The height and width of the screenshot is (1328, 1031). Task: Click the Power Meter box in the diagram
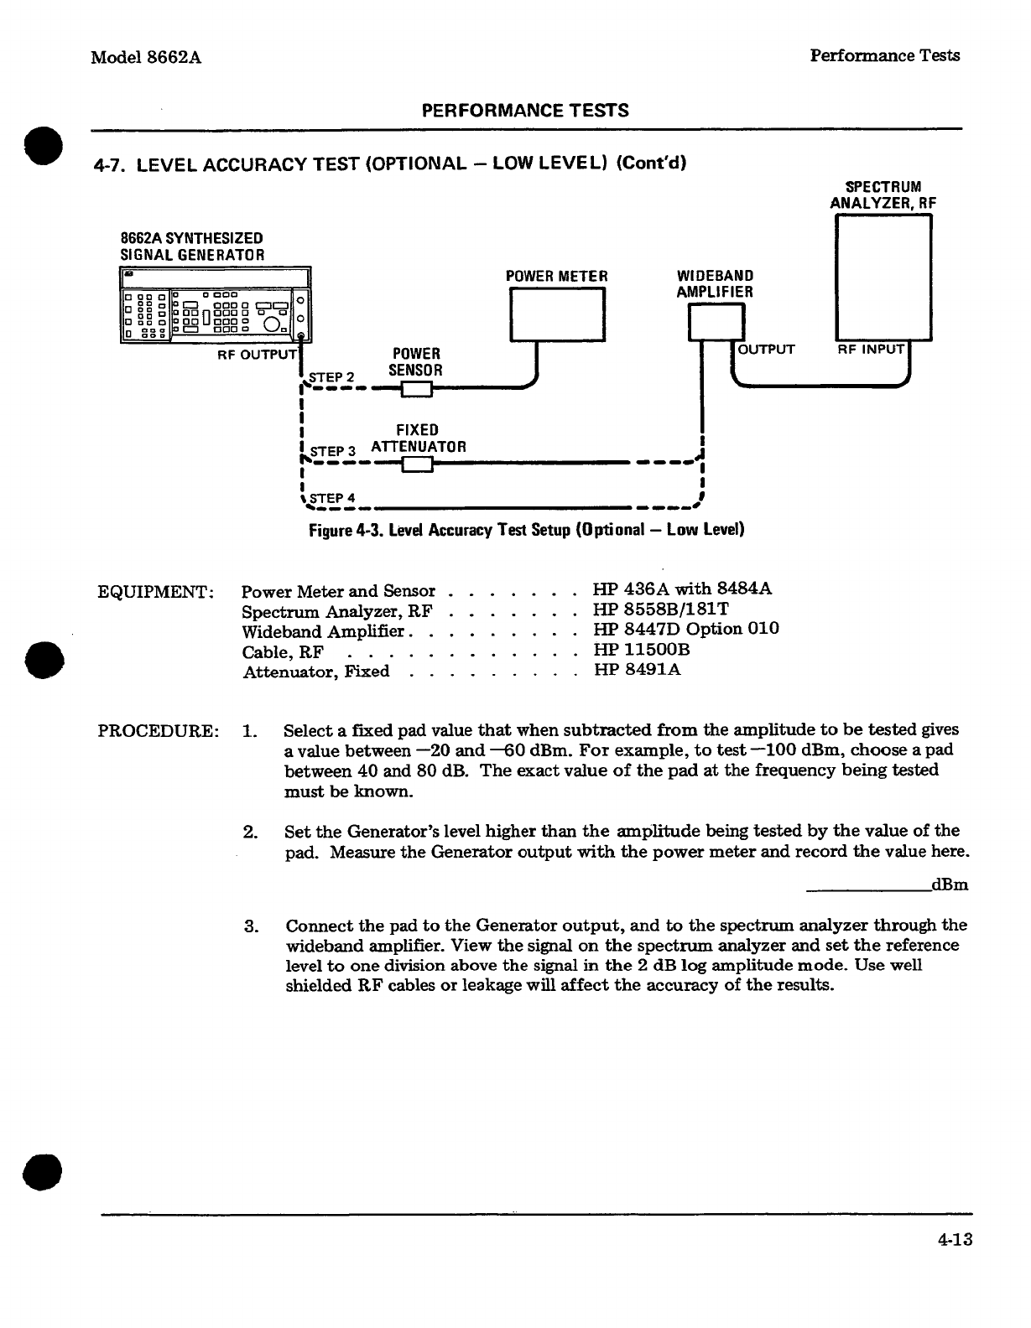[558, 314]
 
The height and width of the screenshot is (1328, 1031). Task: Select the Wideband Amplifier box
[716, 322]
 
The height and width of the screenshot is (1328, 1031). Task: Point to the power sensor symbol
[416, 389]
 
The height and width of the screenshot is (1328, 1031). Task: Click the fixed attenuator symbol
[417, 464]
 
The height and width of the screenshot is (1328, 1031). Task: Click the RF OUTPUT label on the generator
[257, 354]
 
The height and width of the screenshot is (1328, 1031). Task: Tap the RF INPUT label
[871, 349]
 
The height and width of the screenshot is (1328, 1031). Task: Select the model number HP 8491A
[637, 670]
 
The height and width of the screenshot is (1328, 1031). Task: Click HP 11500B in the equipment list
[641, 650]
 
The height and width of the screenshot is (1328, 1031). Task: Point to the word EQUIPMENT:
[157, 590]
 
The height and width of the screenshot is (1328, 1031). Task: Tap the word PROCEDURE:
[159, 729]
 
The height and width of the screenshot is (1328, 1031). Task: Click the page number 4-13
[955, 1238]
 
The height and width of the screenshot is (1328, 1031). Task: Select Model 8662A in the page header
[147, 57]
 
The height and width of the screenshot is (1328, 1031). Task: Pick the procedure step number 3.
[250, 926]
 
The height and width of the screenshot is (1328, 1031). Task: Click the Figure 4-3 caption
[527, 530]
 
